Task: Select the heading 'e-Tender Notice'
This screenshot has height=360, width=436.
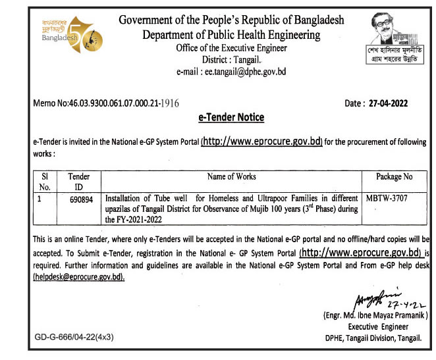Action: [x=231, y=117]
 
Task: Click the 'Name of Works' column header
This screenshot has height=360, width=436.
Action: [x=231, y=176]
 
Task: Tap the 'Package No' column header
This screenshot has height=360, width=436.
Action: [x=394, y=176]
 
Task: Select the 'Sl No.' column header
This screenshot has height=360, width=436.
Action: [x=45, y=182]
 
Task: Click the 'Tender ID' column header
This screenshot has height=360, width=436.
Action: [x=79, y=182]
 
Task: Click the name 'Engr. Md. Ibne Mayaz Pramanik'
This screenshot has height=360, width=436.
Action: [x=375, y=316]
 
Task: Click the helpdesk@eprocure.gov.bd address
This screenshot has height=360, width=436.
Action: [x=78, y=278]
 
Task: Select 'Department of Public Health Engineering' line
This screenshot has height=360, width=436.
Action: [x=231, y=34]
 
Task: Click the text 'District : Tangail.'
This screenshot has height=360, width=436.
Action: [x=231, y=59]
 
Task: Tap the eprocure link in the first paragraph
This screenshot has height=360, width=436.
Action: [x=261, y=141]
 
